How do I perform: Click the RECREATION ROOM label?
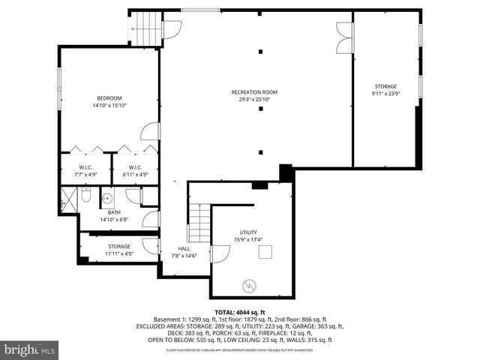coord(253,92)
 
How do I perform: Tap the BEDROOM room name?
coord(109,98)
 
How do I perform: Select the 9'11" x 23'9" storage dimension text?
coord(385,94)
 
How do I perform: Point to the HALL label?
coord(184,249)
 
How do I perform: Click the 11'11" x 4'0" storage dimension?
coord(118,253)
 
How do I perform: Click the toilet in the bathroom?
coord(85,198)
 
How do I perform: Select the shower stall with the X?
coord(67,199)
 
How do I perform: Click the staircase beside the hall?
coord(199,223)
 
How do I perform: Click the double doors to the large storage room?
coord(345,37)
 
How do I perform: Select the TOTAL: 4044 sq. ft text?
coord(239,311)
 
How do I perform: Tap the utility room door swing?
coord(220,254)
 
